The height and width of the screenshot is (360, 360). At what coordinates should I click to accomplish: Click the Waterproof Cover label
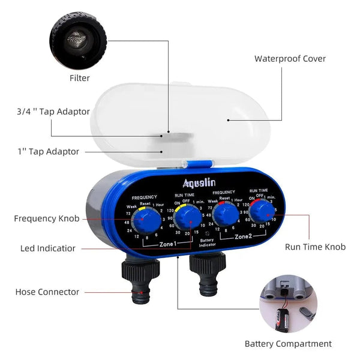point(290,59)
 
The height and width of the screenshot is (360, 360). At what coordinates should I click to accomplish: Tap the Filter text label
point(79,78)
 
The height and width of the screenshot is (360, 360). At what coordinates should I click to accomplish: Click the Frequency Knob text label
point(46,218)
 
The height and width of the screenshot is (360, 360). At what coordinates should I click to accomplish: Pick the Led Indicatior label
point(48,248)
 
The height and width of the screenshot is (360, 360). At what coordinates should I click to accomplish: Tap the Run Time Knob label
point(315,247)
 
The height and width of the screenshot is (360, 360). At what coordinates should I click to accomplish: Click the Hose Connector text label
point(47,292)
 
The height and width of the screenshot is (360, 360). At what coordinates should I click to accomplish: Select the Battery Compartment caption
point(288,344)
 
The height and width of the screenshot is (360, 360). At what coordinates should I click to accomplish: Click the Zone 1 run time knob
point(191,220)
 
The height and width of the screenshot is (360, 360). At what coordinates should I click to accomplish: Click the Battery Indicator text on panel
point(208,242)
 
